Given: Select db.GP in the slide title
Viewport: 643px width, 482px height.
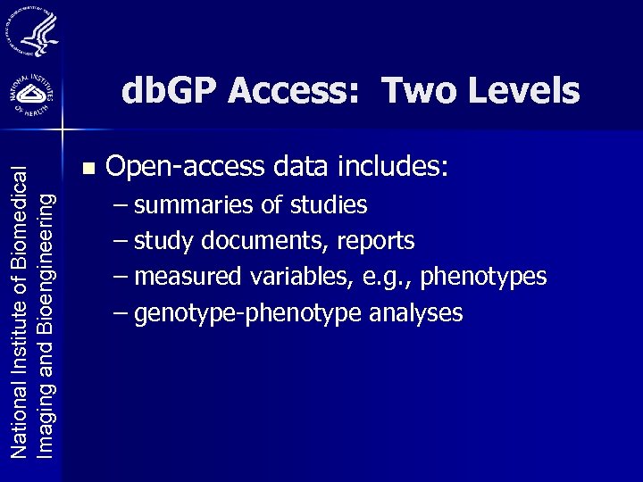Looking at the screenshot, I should pos(170,90).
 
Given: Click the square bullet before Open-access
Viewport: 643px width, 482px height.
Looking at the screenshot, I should pos(87,167).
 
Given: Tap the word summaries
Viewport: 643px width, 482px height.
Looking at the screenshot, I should pos(196,205).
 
